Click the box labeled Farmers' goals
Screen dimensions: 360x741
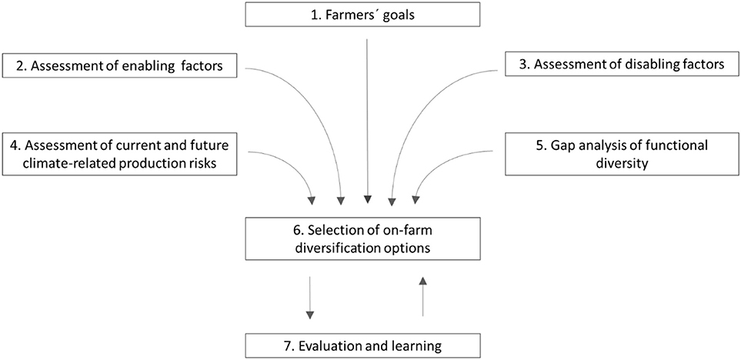click(x=368, y=14)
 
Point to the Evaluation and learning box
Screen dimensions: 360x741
click(x=368, y=347)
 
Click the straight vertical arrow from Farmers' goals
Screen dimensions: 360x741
click(x=368, y=115)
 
